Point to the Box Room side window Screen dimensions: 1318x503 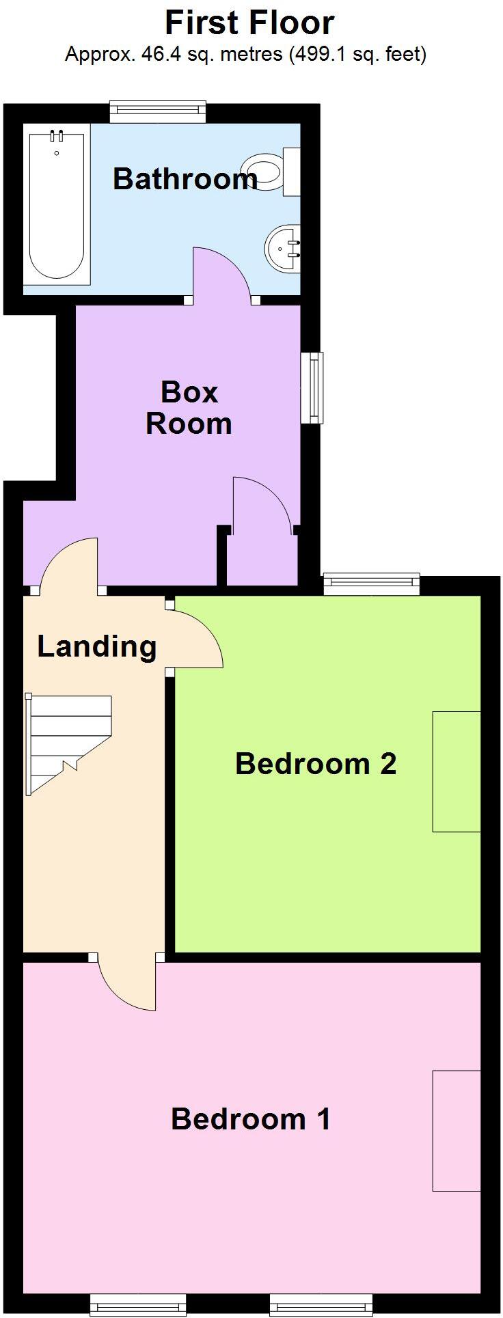tap(313, 387)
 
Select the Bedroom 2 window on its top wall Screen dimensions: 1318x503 tap(371, 582)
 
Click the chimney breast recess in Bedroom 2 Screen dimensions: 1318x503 tap(456, 771)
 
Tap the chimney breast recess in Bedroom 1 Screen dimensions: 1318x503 tap(456, 1130)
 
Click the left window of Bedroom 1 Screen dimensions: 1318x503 tap(137, 1304)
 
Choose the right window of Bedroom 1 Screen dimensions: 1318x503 tap(321, 1304)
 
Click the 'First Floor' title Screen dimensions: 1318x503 tap(249, 24)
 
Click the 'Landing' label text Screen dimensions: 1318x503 tap(96, 646)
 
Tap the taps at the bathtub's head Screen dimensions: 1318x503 tap(57, 136)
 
